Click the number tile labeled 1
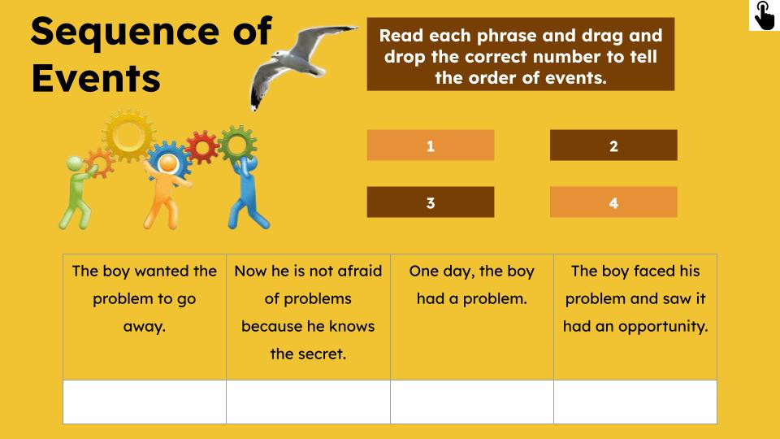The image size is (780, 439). point(430,146)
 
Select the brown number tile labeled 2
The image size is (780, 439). point(613,146)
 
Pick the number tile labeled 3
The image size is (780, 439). point(430,202)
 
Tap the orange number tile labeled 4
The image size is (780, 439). point(613,202)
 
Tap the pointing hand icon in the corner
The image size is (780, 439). point(764,15)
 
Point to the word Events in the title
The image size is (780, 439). point(96,79)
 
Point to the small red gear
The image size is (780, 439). point(201,147)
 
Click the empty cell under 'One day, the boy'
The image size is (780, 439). point(471,402)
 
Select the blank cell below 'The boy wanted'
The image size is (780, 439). point(145,402)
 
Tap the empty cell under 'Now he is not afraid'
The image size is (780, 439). point(308,402)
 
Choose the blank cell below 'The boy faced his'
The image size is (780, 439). point(635,402)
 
